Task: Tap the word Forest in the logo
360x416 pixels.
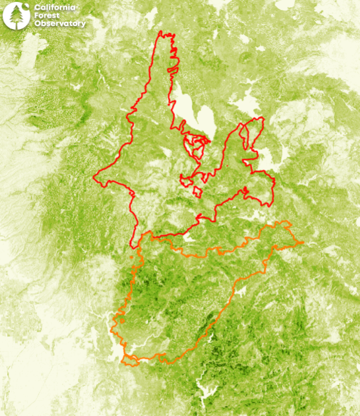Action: (x=47, y=16)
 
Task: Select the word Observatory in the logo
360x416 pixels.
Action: (x=59, y=24)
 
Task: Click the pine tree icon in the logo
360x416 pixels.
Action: (x=15, y=16)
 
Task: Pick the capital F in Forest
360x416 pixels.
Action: (x=36, y=16)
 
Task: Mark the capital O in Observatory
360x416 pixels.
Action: (x=37, y=24)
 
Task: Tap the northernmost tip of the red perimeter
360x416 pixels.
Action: (x=160, y=31)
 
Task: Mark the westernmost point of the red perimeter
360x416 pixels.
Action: (x=94, y=177)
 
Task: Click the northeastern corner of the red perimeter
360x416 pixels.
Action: (x=263, y=118)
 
